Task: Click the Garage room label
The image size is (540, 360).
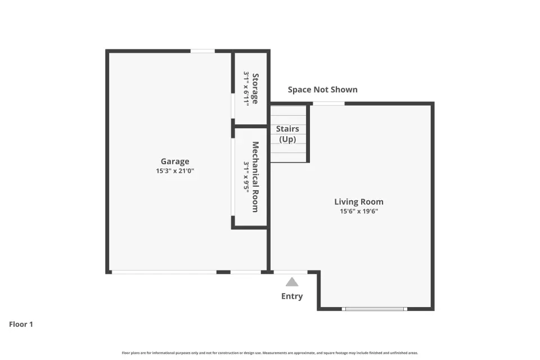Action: (x=175, y=161)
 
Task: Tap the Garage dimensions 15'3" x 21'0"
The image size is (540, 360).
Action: (x=175, y=170)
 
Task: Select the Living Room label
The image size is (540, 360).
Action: (x=359, y=201)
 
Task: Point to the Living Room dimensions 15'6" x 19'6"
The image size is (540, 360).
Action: (x=359, y=211)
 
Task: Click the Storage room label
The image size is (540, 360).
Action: (x=255, y=88)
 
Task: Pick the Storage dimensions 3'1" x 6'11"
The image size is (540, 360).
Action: (x=246, y=88)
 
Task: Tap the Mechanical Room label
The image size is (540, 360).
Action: (x=255, y=177)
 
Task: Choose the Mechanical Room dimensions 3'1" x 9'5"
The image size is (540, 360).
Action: (x=246, y=177)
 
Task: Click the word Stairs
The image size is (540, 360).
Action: (x=287, y=129)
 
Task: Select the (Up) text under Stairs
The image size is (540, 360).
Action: (x=287, y=139)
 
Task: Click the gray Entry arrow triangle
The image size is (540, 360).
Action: (x=292, y=282)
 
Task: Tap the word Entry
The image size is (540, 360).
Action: (x=292, y=296)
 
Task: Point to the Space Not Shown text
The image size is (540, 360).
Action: (x=323, y=89)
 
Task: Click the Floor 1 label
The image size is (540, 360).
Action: (x=21, y=324)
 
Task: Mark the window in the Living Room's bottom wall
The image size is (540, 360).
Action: (x=375, y=309)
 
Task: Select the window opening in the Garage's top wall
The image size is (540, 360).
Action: (x=202, y=51)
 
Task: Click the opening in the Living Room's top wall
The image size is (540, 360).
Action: (x=328, y=103)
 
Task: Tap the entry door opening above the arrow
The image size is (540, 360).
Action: (x=291, y=272)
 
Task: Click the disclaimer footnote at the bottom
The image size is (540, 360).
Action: (x=270, y=353)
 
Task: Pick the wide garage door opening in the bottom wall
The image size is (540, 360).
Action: (x=164, y=272)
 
